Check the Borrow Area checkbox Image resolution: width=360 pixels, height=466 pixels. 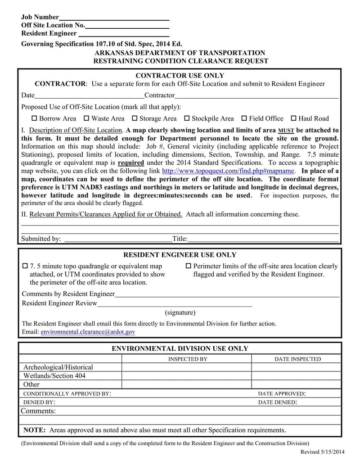pyautogui.click(x=34, y=119)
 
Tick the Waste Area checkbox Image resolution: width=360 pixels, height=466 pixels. pyautogui.click(x=86, y=119)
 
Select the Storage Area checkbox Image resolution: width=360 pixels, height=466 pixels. pyautogui.click(x=135, y=119)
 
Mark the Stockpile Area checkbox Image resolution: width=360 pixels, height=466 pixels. pyautogui.click(x=187, y=119)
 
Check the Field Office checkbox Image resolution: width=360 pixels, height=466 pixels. pyautogui.click(x=244, y=119)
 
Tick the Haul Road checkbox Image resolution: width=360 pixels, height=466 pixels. pyautogui.click(x=293, y=119)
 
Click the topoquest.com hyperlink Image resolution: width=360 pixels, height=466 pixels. pyautogui.click(x=228, y=171)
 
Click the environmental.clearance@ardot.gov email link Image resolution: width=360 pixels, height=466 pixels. pyautogui.click(x=88, y=332)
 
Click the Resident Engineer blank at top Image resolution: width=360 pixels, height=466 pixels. pyautogui.click(x=123, y=34)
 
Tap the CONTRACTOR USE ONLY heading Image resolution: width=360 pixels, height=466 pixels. pyautogui.click(x=180, y=76)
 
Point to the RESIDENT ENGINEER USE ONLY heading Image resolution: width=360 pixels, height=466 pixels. pyautogui.click(x=180, y=255)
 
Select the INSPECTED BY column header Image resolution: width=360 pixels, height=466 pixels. pyautogui.click(x=188, y=359)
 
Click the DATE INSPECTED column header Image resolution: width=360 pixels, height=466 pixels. pyautogui.click(x=297, y=359)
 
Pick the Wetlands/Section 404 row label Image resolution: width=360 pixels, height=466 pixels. pyautogui.click(x=54, y=376)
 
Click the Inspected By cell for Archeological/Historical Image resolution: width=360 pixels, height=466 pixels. pyautogui.click(x=186, y=367)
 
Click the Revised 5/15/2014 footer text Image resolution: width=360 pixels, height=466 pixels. pyautogui.click(x=322, y=452)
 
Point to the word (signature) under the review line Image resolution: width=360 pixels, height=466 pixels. pyautogui.click(x=180, y=312)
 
